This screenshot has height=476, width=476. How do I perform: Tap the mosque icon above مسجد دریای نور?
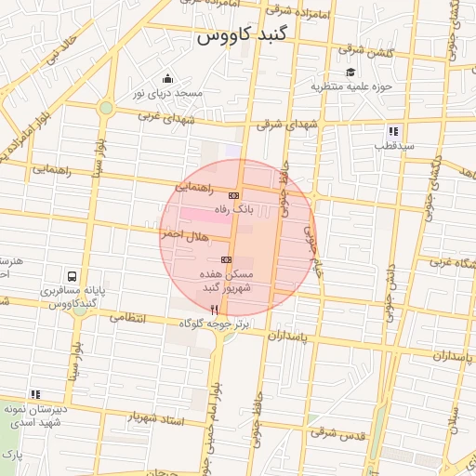coord(167,78)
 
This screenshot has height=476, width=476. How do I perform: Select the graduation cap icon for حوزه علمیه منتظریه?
coord(350,73)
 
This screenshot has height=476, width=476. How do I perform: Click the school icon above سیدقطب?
coord(393,131)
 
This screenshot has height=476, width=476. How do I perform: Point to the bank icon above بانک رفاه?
coord(233,195)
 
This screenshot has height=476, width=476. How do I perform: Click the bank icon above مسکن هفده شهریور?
coord(226,259)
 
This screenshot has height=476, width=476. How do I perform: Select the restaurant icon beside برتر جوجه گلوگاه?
coord(215,309)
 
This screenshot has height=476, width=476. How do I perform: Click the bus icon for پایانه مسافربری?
coord(72,276)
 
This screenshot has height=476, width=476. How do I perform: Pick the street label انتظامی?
coord(128,317)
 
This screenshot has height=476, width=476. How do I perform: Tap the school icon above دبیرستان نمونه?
coord(35,394)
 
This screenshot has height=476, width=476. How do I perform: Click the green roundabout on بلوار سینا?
coord(106,108)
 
